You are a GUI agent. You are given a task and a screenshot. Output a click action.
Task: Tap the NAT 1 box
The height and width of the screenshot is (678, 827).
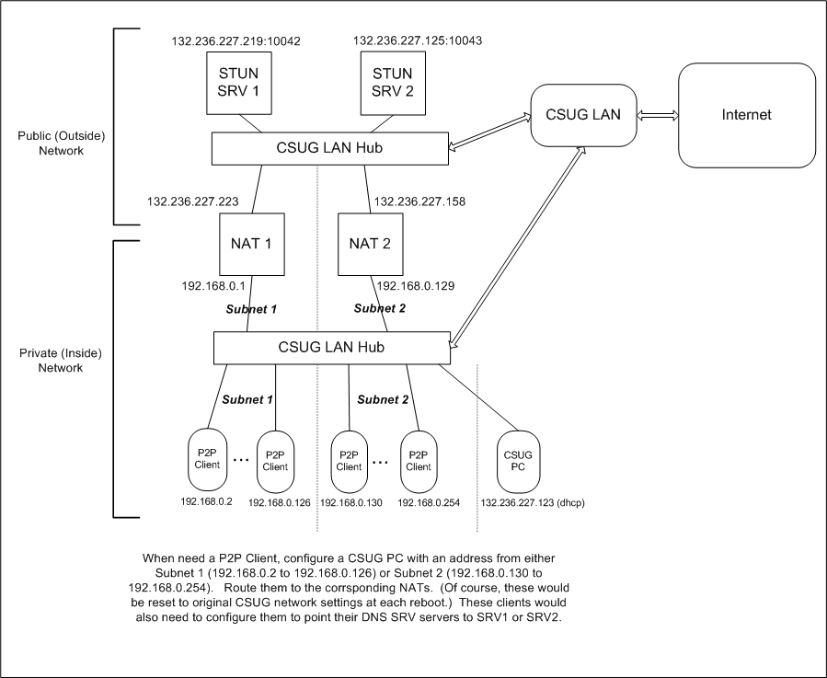coord(250,244)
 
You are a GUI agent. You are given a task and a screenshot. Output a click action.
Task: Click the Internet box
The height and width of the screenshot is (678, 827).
coord(746,115)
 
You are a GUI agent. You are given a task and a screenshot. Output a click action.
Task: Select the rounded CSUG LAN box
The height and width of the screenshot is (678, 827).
coord(583,115)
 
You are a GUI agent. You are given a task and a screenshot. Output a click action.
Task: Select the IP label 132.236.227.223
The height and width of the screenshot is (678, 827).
coord(193,201)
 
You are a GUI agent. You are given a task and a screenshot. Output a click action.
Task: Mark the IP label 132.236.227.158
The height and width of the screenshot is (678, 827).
coord(420,201)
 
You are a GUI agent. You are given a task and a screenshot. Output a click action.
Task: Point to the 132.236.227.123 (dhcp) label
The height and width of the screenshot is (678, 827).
coord(533,503)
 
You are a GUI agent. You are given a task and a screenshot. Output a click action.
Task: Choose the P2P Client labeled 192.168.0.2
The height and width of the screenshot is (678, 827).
coord(207,459)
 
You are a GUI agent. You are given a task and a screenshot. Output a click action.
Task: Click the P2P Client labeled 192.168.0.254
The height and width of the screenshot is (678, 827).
coord(419,459)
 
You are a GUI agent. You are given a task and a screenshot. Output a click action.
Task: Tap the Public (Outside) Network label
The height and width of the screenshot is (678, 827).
coord(63,143)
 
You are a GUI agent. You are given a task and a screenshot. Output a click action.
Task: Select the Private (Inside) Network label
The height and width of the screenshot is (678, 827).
coord(63,360)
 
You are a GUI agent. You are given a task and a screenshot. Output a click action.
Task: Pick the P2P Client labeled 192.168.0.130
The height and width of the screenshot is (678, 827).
coord(349,459)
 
